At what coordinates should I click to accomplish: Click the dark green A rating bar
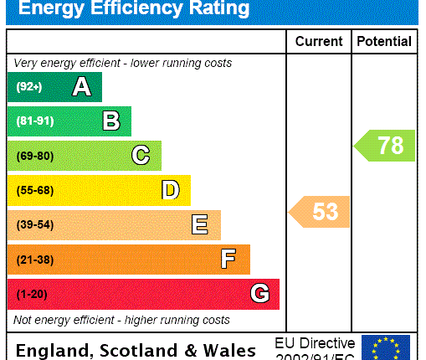[x=54, y=87]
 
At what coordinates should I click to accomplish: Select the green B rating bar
[x=69, y=121]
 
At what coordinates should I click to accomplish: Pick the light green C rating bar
[x=84, y=156]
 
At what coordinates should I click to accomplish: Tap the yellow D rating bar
[x=99, y=190]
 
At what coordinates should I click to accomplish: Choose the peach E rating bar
[x=114, y=224]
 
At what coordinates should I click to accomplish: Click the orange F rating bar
[x=128, y=260]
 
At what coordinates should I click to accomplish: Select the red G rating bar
[x=143, y=294]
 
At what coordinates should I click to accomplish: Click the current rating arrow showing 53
[x=320, y=212]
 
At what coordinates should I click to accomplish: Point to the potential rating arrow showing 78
[x=385, y=146]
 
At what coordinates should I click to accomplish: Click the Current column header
[x=319, y=41]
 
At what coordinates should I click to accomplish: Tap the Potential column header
[x=384, y=41]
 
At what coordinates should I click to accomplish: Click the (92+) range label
[x=28, y=87]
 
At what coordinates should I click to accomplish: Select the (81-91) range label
[x=34, y=121]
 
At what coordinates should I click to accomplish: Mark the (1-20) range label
[x=32, y=294]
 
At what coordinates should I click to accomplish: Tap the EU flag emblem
[x=386, y=347]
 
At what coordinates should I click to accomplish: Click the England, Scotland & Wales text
[x=136, y=350]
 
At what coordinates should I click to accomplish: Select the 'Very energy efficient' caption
[x=123, y=64]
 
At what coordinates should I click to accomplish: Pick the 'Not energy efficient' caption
[x=121, y=320]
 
